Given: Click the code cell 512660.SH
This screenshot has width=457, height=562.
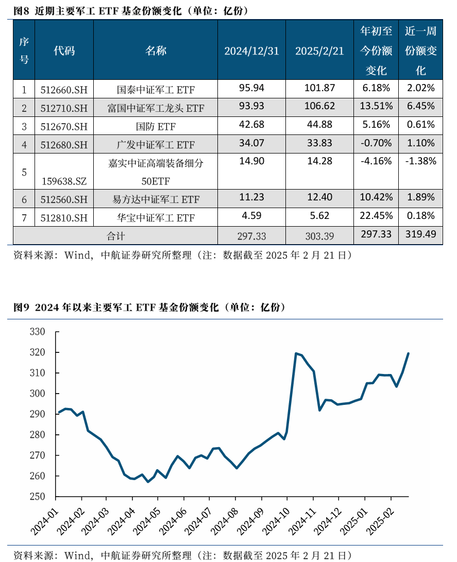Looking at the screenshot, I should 64,90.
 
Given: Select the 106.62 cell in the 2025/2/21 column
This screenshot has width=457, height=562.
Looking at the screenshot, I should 319,107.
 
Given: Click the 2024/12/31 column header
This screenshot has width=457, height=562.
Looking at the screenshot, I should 251,50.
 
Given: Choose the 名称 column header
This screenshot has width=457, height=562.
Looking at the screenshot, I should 156,50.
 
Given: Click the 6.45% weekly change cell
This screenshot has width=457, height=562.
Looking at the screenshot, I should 420,107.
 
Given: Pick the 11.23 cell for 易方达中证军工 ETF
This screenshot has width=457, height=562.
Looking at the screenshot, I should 251,197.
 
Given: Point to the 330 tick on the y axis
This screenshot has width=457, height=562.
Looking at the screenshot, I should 38,332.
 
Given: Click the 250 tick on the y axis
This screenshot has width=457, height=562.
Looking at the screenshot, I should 38,497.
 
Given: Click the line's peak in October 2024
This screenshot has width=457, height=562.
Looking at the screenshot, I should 296,353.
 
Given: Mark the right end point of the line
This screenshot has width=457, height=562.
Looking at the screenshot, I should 409,353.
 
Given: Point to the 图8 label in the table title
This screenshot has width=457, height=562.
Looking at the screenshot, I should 21,10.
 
